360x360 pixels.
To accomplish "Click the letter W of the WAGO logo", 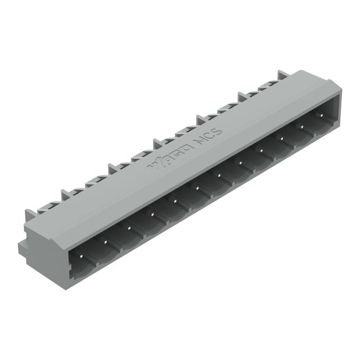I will (x=153, y=165).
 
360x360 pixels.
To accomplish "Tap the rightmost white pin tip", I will (x=322, y=115).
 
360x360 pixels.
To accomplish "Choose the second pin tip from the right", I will (x=301, y=127).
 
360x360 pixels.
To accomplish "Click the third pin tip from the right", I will (x=281, y=139).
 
